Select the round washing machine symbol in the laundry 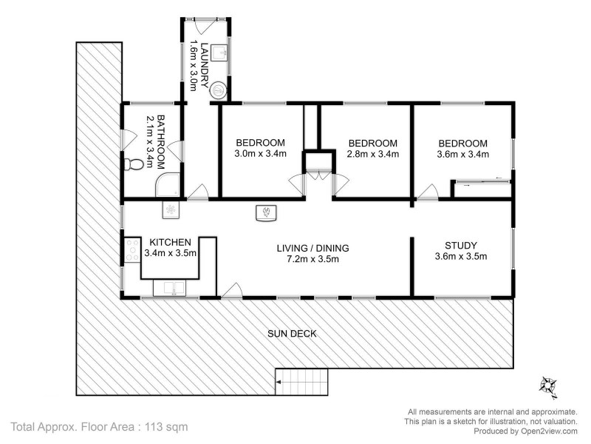coord(219,90)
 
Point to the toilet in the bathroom coord(134,164)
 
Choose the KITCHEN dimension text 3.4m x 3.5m coord(171,253)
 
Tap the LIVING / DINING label coord(312,248)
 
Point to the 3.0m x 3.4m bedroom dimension coord(260,155)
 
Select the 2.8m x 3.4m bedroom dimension coord(373,155)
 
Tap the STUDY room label coord(460,246)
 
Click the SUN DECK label coord(292,334)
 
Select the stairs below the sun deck coord(301,382)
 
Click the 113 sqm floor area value coord(165,426)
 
